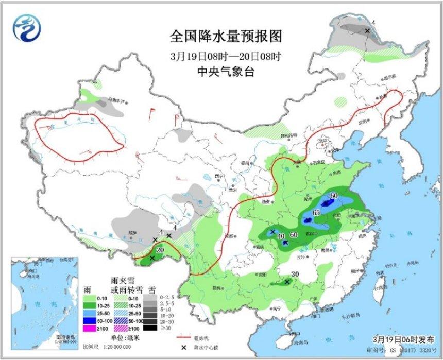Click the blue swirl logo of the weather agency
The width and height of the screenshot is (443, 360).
point(25,28)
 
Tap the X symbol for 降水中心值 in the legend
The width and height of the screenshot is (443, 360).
point(183,348)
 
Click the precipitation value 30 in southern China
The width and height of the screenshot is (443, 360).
point(296,275)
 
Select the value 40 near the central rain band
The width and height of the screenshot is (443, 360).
point(281,236)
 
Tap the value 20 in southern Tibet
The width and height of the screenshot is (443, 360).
point(160,250)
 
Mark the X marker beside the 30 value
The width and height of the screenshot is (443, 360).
point(287,282)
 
